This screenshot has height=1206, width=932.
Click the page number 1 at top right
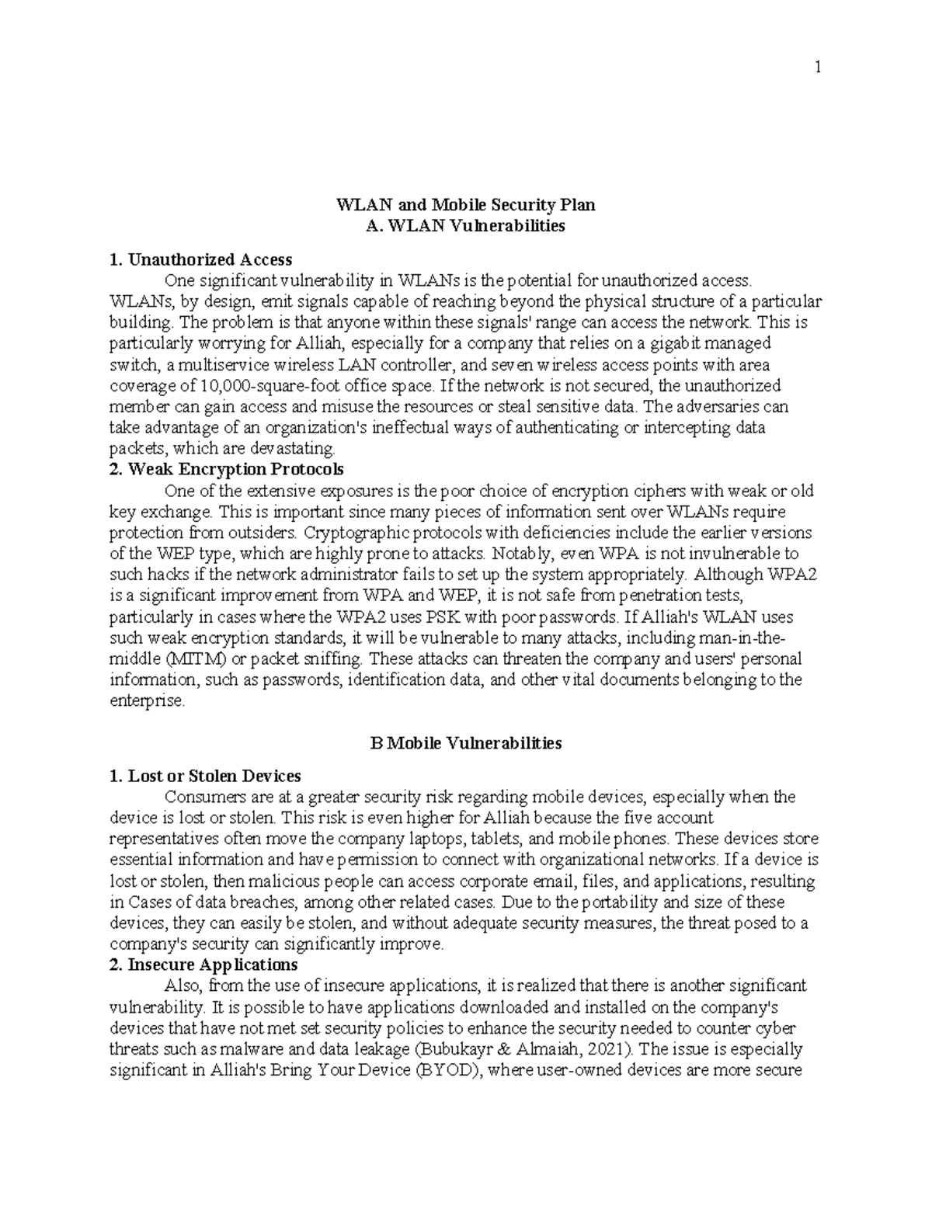pyautogui.click(x=817, y=68)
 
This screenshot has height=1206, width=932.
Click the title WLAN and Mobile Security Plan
pyautogui.click(x=465, y=205)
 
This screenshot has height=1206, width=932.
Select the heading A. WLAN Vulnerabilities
pyautogui.click(x=465, y=226)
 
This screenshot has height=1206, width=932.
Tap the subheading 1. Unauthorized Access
pyautogui.click(x=200, y=259)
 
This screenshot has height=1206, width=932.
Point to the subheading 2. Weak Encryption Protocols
pyautogui.click(x=226, y=469)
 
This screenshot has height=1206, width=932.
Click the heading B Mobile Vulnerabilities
pyautogui.click(x=465, y=743)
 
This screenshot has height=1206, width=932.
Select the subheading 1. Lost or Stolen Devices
pyautogui.click(x=205, y=776)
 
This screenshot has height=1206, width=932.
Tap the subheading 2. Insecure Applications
pyautogui.click(x=203, y=964)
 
